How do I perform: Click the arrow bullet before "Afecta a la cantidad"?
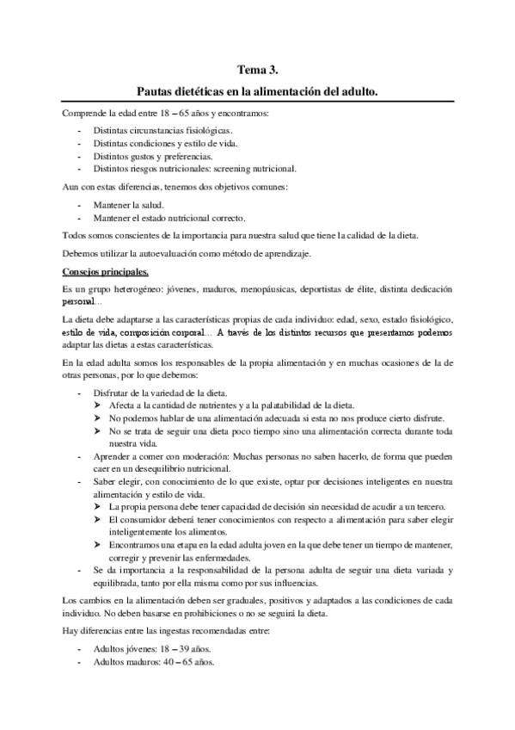tap(101, 406)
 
